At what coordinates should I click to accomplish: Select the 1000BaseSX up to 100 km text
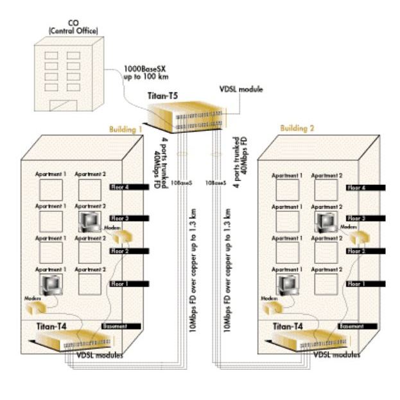click(x=146, y=73)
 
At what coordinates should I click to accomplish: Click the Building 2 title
click(x=298, y=128)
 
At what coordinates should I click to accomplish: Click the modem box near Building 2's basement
click(x=272, y=308)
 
